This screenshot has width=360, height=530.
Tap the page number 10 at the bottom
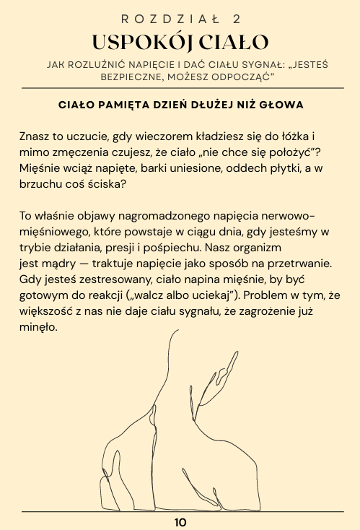180,522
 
